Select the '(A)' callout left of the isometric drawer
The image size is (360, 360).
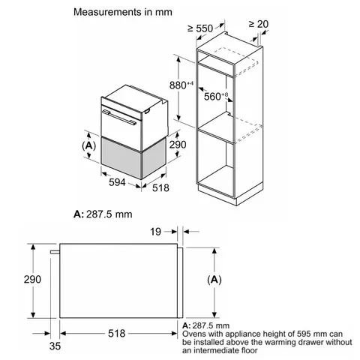click(87, 143)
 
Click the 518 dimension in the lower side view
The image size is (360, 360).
click(115, 331)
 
